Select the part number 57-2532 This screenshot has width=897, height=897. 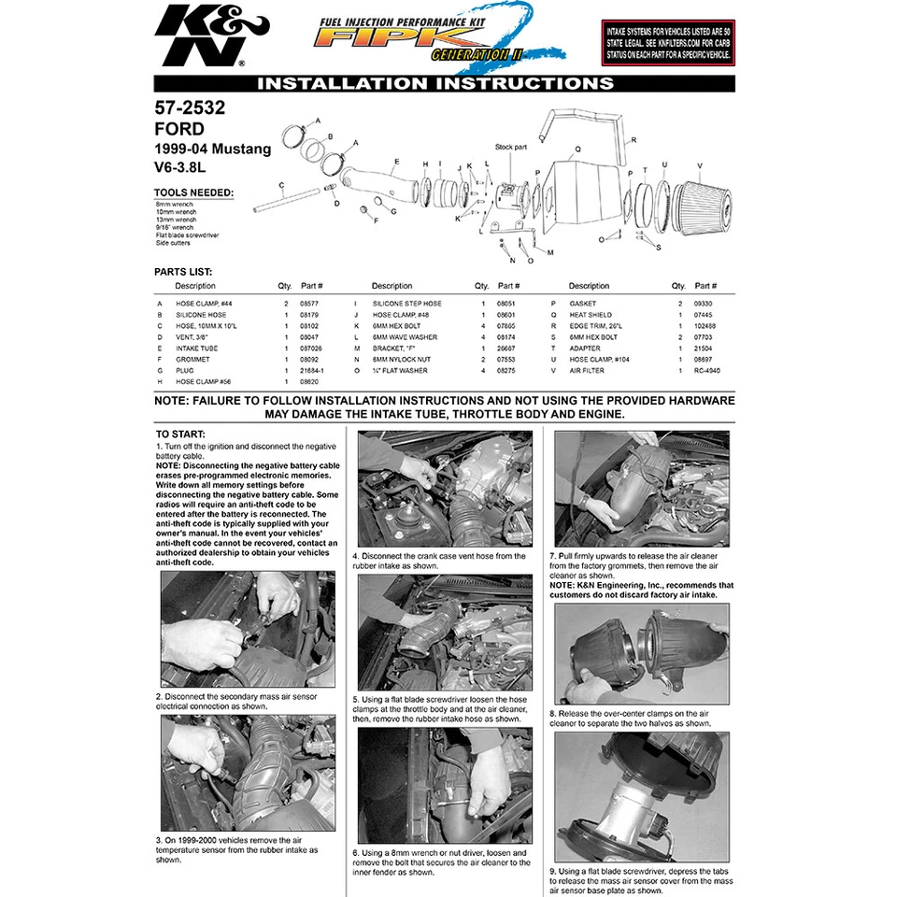(190, 108)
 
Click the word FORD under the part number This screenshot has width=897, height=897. (178, 129)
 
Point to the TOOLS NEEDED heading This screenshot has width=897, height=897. (193, 193)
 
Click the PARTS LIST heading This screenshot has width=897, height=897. (183, 272)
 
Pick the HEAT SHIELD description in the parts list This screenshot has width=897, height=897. (591, 315)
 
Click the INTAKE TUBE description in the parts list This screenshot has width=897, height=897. (197, 349)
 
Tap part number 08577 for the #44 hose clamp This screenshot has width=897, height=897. (308, 304)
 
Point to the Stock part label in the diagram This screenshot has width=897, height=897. (511, 148)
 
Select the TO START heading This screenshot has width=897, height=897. (176, 434)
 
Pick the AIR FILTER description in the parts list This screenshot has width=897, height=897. (588, 370)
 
